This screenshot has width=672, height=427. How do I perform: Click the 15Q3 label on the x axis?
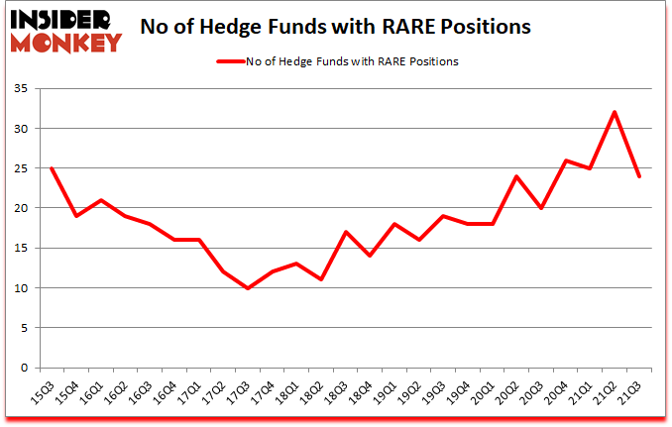tap(44, 390)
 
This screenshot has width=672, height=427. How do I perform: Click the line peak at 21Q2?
tap(616, 112)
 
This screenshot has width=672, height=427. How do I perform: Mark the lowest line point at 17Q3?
tap(247, 287)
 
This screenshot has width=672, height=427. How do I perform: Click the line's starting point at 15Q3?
tap(51, 168)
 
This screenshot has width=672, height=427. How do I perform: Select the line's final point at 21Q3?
tap(640, 176)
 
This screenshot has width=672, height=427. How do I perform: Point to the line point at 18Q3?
tap(345, 232)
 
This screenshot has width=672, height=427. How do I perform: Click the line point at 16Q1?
tap(99, 200)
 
